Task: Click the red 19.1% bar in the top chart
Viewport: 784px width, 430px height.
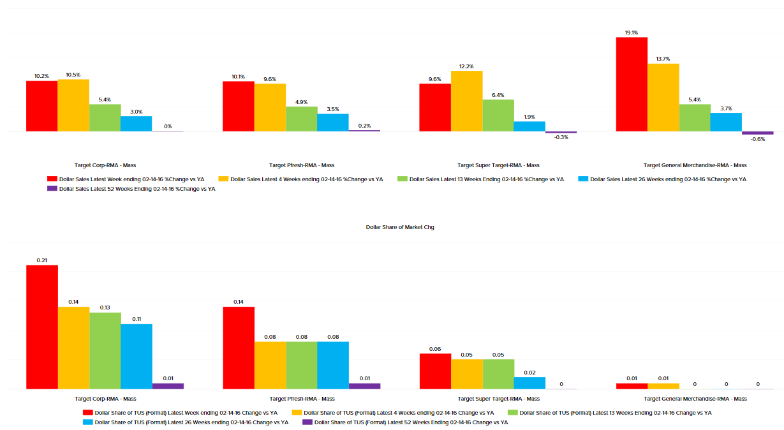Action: (632, 84)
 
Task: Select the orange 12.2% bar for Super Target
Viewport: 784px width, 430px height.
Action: (466, 101)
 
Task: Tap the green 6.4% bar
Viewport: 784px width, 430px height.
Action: (498, 115)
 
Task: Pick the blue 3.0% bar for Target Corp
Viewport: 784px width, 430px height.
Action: (137, 124)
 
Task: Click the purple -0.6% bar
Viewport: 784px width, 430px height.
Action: (757, 133)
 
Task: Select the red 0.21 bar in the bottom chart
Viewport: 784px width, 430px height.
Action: (42, 327)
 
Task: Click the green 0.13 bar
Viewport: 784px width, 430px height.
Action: (105, 350)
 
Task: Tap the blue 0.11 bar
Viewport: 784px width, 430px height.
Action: (137, 356)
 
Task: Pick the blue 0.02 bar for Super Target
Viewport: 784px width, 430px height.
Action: (529, 383)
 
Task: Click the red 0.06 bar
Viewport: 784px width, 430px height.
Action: (435, 371)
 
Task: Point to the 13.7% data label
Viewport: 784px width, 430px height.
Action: (663, 59)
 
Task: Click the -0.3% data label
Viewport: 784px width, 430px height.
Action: (561, 137)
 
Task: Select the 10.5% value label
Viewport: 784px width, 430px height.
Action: (73, 75)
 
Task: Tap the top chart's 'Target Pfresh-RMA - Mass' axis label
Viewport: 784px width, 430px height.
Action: (302, 165)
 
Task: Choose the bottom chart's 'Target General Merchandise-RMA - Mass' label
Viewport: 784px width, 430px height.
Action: (695, 399)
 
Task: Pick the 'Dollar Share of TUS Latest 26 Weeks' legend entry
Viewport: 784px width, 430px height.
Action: (186, 422)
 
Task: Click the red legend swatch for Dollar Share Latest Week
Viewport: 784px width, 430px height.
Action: (88, 413)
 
